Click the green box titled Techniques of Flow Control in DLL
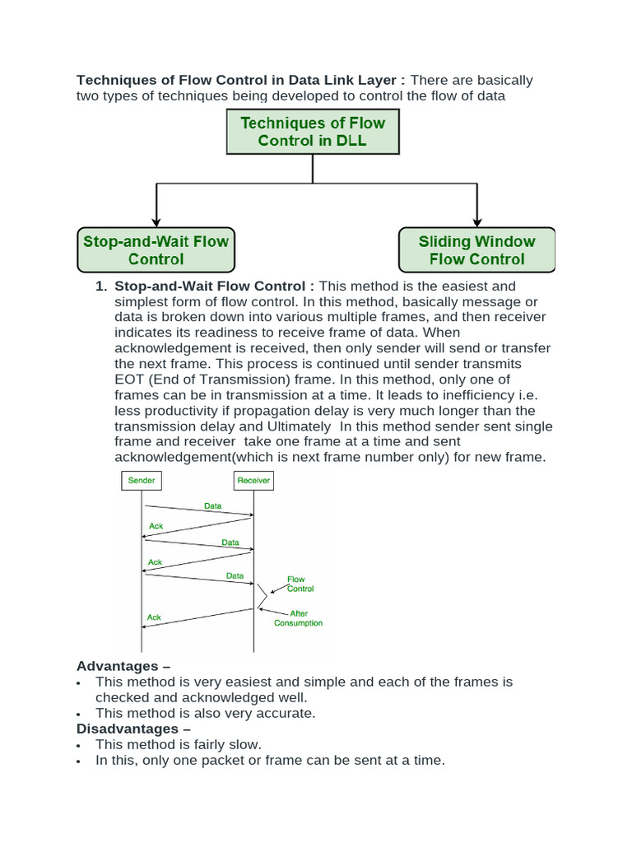click(x=313, y=132)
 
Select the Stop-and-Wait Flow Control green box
click(x=156, y=250)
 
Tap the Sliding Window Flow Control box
click(x=476, y=250)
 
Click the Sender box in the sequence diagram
click(x=142, y=480)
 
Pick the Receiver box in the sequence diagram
click(x=253, y=480)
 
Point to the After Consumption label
click(x=298, y=617)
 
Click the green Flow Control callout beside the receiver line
click(x=300, y=584)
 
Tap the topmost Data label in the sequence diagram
click(x=213, y=506)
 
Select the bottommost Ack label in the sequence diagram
click(x=154, y=617)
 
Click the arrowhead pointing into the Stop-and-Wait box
click(x=156, y=222)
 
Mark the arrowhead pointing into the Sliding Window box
click(x=476, y=222)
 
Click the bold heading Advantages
click(x=117, y=665)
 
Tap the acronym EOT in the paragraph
click(x=131, y=380)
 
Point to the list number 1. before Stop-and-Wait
click(x=101, y=286)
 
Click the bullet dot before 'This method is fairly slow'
click(x=78, y=746)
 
